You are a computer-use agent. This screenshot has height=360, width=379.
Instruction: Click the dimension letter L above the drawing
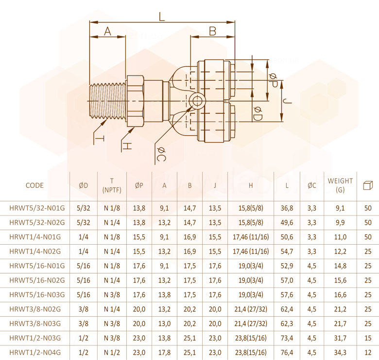pos(162,17)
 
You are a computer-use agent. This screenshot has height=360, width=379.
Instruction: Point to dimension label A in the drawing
pos(107,31)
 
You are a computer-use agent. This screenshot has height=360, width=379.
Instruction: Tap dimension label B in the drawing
pos(212,31)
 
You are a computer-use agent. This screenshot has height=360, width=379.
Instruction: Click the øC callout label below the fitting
pos(161,154)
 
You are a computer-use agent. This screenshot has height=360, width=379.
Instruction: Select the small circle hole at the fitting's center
pos(197,101)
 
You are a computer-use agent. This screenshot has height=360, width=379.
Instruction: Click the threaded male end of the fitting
pos(108,101)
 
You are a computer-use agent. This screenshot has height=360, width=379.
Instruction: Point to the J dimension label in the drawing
pos(288,101)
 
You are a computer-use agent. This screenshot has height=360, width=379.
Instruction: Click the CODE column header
pos(34,185)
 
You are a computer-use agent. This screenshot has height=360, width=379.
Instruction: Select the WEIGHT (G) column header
pos(340,185)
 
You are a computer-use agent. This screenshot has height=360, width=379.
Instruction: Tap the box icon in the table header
pos(368,185)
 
